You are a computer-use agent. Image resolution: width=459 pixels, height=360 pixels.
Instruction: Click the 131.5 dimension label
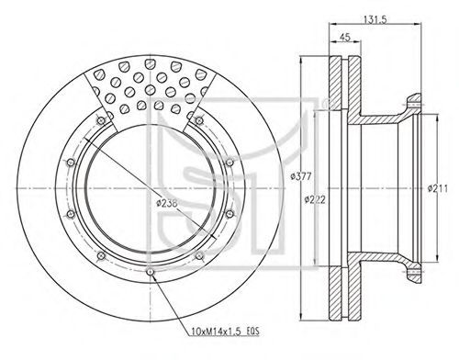375,19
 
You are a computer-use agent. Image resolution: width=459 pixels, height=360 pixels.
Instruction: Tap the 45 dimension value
345,37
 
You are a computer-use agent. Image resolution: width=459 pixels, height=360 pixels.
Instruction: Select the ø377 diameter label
301,176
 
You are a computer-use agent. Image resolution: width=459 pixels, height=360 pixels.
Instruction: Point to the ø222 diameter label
315,200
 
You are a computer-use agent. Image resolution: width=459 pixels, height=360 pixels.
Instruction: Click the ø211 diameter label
438,188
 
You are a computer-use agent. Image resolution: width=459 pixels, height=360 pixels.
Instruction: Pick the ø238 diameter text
167,203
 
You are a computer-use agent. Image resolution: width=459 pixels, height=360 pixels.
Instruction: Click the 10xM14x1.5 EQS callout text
225,332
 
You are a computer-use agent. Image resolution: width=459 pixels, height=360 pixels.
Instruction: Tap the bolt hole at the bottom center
150,272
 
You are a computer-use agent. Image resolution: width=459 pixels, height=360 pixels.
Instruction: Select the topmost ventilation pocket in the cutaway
150,64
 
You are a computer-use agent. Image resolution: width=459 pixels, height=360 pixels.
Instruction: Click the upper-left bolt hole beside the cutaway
101,120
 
